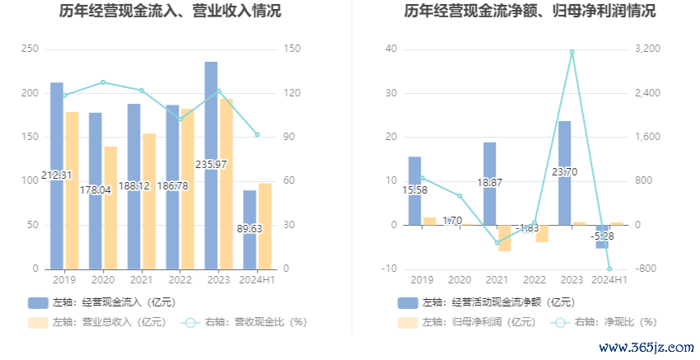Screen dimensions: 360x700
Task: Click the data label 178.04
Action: (96, 189)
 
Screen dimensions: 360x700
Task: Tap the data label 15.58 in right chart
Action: (415, 190)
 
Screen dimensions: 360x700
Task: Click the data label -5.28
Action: (602, 236)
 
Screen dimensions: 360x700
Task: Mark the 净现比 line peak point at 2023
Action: (572, 52)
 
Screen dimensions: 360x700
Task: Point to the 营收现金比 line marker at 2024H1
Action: (257, 134)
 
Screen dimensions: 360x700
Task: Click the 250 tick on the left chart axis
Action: (30, 49)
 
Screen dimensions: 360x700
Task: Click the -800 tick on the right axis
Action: (645, 269)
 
